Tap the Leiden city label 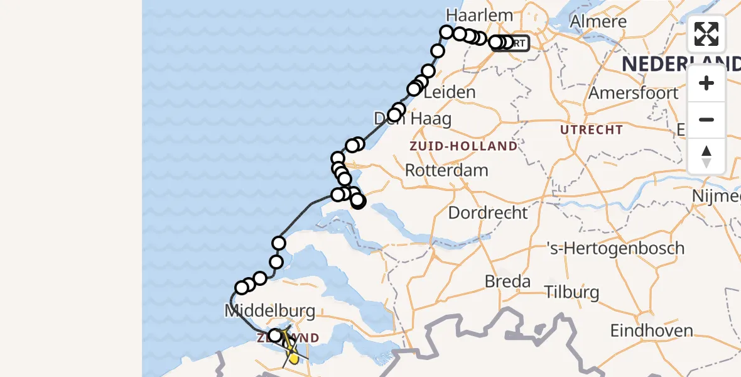tap(450, 92)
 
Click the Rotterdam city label tap(446, 170)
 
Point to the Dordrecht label tap(488, 212)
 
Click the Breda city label tap(507, 281)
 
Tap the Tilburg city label tap(572, 292)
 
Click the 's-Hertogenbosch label tap(615, 248)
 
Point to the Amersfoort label tap(633, 94)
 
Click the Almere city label tap(598, 21)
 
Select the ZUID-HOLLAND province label tap(463, 146)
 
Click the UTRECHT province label tap(592, 130)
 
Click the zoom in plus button tap(706, 84)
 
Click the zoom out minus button tap(706, 120)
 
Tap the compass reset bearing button tap(706, 156)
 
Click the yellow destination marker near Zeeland tap(293, 357)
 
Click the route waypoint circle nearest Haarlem tap(446, 32)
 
